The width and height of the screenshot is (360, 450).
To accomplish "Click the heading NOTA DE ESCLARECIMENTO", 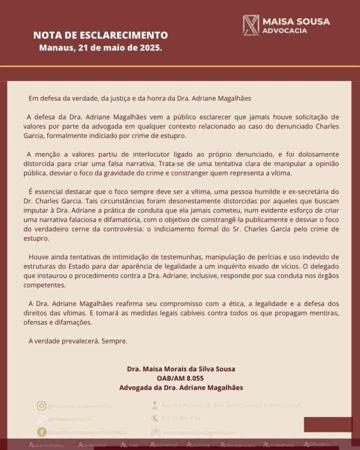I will point(100,35).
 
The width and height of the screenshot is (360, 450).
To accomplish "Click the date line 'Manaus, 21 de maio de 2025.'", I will point(100,48).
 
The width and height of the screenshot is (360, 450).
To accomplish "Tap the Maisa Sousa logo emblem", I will point(250,25).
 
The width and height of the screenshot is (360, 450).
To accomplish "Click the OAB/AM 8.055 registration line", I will point(180,378).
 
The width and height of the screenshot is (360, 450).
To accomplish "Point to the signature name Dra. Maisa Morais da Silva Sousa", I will point(180,369).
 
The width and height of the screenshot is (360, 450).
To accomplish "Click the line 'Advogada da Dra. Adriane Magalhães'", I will point(180,387).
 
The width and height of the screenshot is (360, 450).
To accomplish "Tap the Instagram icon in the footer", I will point(41,406).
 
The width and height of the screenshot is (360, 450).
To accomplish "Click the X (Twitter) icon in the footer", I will point(41,419).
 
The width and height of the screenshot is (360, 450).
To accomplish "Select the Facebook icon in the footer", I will point(41,432).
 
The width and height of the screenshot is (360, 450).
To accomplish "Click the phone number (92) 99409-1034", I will point(180,418).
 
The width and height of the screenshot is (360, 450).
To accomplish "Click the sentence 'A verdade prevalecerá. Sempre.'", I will point(78,341).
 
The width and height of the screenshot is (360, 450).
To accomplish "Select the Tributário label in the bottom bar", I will point(317,444).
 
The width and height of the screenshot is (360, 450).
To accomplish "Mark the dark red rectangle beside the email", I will point(327,424).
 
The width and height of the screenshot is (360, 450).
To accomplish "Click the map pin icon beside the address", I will point(155,405).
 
